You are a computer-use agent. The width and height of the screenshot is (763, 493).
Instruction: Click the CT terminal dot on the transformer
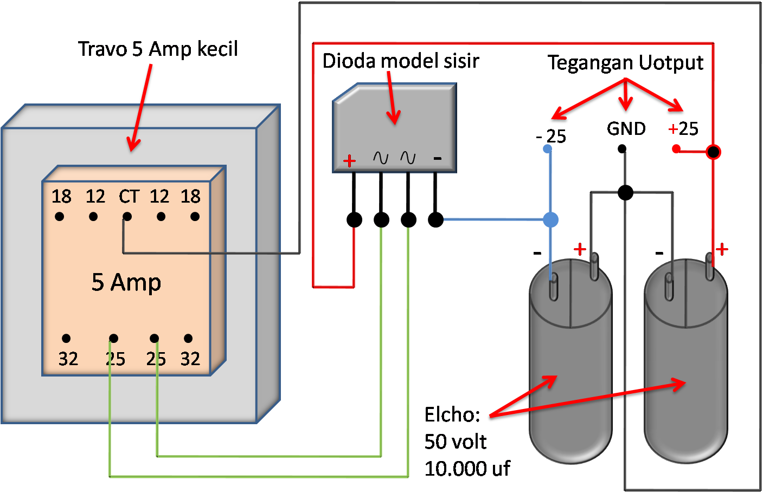(x=127, y=217)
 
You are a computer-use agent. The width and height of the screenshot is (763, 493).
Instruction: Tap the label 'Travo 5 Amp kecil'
(x=158, y=49)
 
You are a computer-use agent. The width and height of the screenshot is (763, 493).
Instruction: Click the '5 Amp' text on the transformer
(x=126, y=282)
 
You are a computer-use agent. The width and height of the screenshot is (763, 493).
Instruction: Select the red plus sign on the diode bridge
(x=350, y=160)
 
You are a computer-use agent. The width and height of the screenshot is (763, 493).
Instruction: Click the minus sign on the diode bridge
(x=438, y=159)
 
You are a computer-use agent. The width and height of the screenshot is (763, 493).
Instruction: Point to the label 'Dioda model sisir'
(x=400, y=61)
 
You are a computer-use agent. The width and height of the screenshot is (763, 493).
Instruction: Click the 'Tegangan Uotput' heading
(x=625, y=63)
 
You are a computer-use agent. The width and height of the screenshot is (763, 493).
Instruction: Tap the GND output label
(x=626, y=129)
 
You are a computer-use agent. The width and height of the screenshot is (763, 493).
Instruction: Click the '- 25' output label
(x=551, y=135)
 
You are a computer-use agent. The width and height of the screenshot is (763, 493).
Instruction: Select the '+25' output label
(x=683, y=129)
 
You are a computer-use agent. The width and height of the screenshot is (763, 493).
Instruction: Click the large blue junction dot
(x=550, y=219)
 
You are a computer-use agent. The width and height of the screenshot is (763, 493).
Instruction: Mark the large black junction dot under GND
(x=625, y=192)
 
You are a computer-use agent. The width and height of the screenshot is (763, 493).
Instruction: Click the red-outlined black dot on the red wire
(x=713, y=152)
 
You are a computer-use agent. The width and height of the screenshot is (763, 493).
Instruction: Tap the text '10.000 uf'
(x=467, y=469)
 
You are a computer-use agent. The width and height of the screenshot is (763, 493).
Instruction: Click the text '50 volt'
(x=455, y=442)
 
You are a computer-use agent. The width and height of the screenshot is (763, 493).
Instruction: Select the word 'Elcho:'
(x=452, y=414)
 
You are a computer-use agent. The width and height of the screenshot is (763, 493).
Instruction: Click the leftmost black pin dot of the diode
(x=354, y=219)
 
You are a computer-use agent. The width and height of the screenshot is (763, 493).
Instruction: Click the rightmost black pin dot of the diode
(x=435, y=219)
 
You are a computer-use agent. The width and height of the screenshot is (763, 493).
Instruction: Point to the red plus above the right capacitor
(x=721, y=249)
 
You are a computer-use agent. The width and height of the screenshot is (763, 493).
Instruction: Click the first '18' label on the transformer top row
(x=61, y=196)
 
